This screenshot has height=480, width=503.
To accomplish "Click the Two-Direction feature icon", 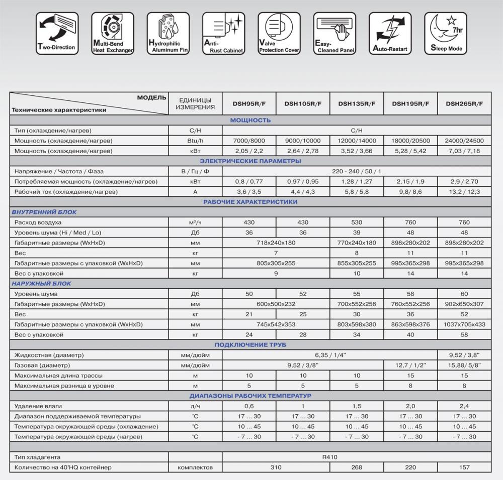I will click(56, 33).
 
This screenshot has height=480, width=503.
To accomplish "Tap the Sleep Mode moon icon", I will click(446, 33).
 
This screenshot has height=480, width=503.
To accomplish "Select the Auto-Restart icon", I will click(390, 33).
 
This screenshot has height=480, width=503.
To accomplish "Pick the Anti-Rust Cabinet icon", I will click(223, 33).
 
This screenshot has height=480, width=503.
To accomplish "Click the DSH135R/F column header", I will click(357, 104).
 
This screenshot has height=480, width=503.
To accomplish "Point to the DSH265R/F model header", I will click(464, 104).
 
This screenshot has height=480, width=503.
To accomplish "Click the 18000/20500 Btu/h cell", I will click(410, 141).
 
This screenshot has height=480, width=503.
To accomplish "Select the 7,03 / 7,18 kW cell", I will click(464, 151).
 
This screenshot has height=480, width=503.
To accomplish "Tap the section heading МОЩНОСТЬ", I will click(250, 120).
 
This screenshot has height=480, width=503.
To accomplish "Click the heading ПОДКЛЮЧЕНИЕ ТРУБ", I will click(250, 344).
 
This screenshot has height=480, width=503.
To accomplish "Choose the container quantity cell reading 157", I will click(464, 467).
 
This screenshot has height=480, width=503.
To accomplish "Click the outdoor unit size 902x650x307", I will click(464, 304).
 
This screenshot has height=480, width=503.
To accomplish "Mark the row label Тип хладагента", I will click(38, 457).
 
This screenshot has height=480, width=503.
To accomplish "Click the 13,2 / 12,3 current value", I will click(464, 192).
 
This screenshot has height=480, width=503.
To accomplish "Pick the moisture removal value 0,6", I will click(249, 406).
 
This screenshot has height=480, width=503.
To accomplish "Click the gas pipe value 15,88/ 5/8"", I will click(464, 365).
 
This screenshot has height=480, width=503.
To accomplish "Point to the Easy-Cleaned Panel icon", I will click(334, 33).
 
